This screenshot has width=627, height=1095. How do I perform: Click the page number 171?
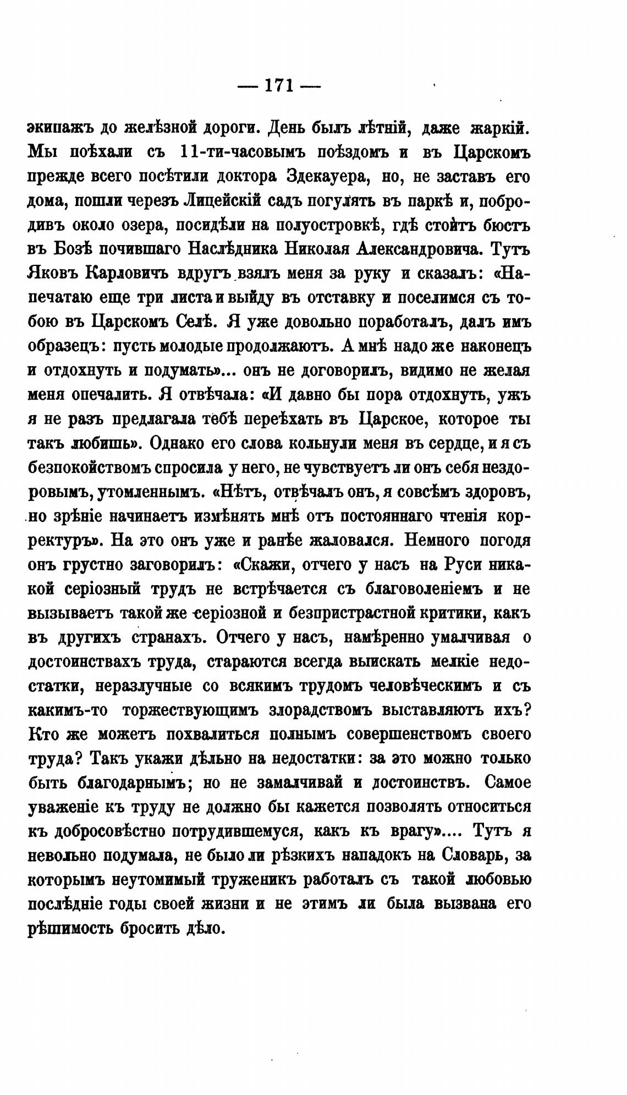pos(279,86)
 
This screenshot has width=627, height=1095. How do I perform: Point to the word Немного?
pos(438,540)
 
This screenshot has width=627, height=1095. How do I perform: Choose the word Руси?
pos(453,565)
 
